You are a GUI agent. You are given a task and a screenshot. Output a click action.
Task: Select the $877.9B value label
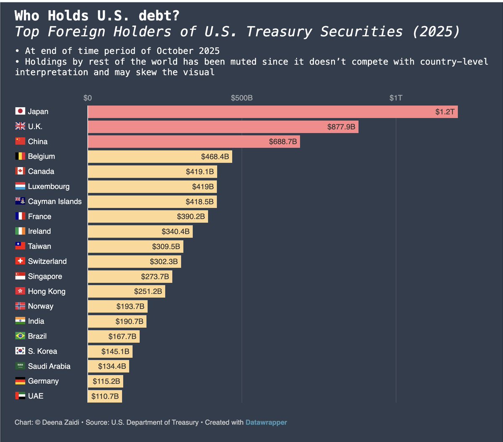click(341, 127)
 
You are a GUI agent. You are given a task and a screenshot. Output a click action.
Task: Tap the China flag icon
click(20, 141)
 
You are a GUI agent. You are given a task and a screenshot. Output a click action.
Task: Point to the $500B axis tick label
click(242, 98)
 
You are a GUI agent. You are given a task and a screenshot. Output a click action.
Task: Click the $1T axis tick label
click(396, 98)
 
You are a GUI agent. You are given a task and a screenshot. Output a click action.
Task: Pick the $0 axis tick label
click(88, 98)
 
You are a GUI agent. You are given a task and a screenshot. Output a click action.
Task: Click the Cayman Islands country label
click(54, 202)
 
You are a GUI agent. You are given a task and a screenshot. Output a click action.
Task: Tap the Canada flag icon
click(20, 171)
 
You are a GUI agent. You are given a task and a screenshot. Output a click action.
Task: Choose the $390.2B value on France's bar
click(191, 217)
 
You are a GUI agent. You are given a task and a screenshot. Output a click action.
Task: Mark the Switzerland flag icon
click(20, 261)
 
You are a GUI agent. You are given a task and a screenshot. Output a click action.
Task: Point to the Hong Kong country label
click(47, 291)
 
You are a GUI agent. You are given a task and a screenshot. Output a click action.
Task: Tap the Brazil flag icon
click(20, 336)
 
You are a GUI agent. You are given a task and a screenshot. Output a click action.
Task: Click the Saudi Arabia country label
click(49, 366)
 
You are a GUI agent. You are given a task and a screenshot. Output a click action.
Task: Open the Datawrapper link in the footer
click(266, 422)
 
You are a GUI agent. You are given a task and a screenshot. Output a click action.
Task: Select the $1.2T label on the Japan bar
click(445, 112)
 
